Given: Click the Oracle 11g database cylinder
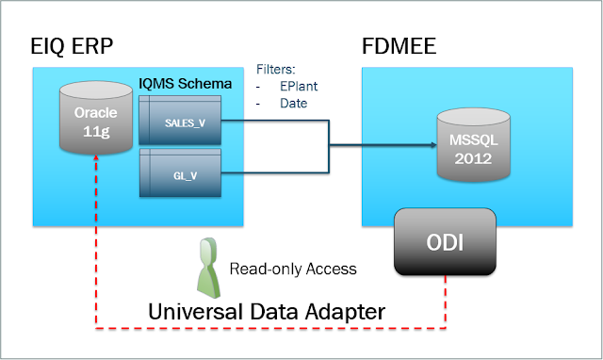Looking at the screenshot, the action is (x=96, y=118).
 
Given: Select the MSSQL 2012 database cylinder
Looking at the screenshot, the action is (x=473, y=144).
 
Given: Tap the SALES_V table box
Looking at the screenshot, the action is (x=180, y=120).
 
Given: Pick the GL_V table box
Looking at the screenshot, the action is (x=180, y=172).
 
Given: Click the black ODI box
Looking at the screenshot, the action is (x=445, y=242).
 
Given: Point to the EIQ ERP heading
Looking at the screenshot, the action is (x=72, y=46).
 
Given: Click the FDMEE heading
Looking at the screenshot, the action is (x=399, y=46).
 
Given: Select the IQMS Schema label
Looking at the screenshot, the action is (x=186, y=84).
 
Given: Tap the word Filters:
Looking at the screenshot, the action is (x=276, y=69).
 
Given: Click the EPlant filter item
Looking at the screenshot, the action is (x=299, y=86).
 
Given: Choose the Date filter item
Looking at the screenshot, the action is (x=293, y=103).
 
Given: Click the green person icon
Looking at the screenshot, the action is (x=209, y=268).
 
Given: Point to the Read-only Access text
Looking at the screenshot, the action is (x=293, y=269).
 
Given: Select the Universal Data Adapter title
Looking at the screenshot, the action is (x=267, y=312).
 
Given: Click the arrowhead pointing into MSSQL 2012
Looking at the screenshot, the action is (x=433, y=145).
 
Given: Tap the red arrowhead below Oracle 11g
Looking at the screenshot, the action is (x=96, y=158).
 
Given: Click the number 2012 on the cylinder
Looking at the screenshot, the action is (x=473, y=158).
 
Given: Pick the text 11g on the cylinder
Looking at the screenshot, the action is (x=96, y=132).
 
